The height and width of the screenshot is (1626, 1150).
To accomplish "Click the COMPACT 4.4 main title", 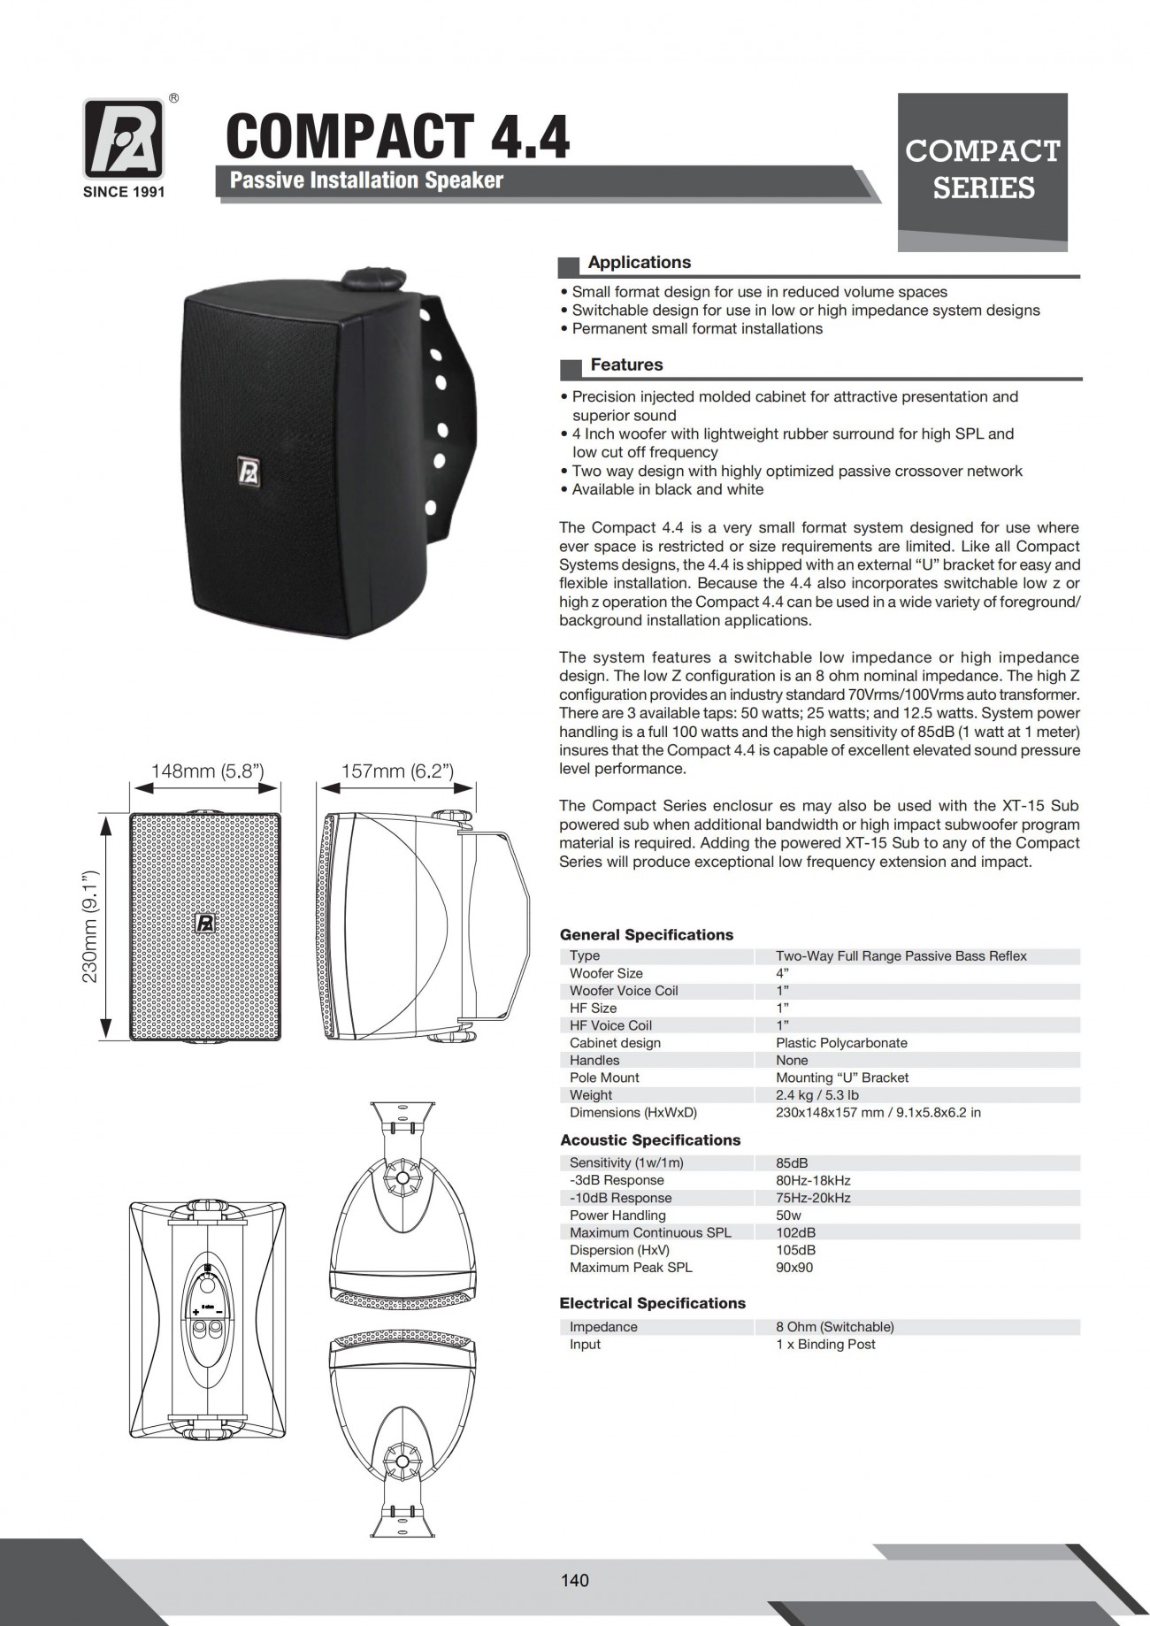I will pyautogui.click(x=398, y=135).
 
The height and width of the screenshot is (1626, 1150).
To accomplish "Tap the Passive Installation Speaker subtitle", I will pyautogui.click(x=366, y=180).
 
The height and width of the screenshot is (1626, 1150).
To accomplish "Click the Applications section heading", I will pyautogui.click(x=639, y=263).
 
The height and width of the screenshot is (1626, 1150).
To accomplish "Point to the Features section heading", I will pyautogui.click(x=626, y=364).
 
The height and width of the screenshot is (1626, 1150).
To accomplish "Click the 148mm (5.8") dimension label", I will pyautogui.click(x=208, y=771).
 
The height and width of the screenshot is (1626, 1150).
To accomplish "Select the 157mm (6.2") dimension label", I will pyautogui.click(x=398, y=771).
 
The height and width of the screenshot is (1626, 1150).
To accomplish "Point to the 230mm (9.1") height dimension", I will pyautogui.click(x=90, y=927).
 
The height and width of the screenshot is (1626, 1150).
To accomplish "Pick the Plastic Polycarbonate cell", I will pyautogui.click(x=841, y=1043).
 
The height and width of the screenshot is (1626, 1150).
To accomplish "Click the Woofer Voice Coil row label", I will pyautogui.click(x=624, y=991).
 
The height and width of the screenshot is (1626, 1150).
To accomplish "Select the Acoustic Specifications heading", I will pyautogui.click(x=649, y=1140).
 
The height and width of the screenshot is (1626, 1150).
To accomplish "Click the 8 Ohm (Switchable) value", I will pyautogui.click(x=834, y=1327).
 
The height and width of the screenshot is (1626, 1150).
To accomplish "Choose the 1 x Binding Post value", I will pyautogui.click(x=825, y=1345).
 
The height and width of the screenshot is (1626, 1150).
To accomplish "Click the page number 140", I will pyautogui.click(x=575, y=1580).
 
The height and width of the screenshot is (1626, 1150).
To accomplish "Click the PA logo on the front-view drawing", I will pyautogui.click(x=205, y=923).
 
